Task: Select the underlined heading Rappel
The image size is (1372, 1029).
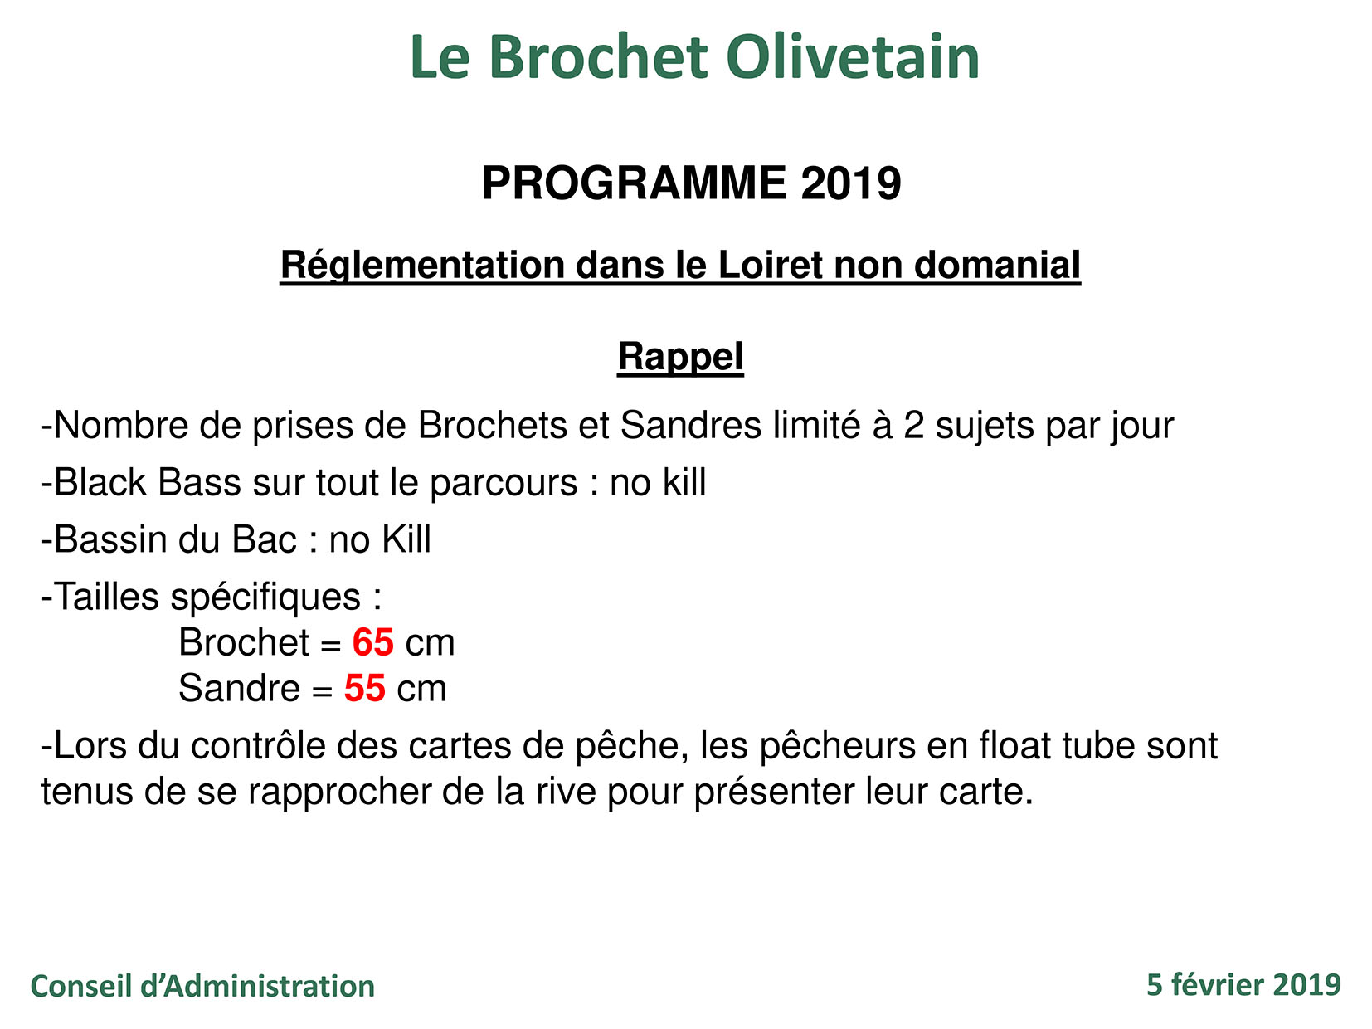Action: pyautogui.click(x=680, y=357)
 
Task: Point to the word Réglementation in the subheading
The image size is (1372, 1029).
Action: pyautogui.click(x=422, y=266)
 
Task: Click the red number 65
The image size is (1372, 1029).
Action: pyautogui.click(x=372, y=643)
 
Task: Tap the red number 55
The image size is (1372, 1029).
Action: pyautogui.click(x=365, y=689)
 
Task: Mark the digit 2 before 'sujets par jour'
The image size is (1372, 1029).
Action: pyautogui.click(x=913, y=426)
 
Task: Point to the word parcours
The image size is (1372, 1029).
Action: pyautogui.click(x=504, y=483)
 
